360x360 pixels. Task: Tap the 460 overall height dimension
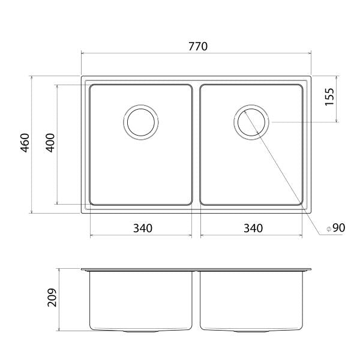click(x=25, y=145)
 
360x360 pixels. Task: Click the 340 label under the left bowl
click(x=142, y=228)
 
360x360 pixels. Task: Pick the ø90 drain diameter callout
click(x=335, y=228)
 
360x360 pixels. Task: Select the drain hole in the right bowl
click(x=252, y=122)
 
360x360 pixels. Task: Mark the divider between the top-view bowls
click(x=196, y=145)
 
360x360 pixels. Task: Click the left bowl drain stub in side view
click(x=142, y=332)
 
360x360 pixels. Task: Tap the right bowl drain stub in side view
click(x=252, y=332)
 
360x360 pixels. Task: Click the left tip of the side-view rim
click(x=82, y=269)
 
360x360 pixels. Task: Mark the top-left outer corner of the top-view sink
click(x=82, y=77)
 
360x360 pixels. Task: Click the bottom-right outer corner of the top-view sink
click(x=311, y=212)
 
